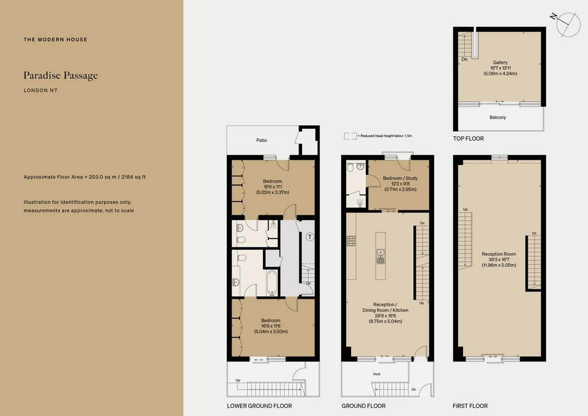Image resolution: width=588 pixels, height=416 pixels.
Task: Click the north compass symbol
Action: (x=566, y=24)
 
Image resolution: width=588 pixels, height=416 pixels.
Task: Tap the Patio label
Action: (x=262, y=140)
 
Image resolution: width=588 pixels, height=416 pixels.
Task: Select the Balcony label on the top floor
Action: (x=498, y=117)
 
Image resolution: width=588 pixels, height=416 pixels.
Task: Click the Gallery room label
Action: (x=500, y=62)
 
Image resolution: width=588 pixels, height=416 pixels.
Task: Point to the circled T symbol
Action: (x=310, y=237)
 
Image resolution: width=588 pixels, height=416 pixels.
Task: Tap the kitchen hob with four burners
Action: (x=351, y=240)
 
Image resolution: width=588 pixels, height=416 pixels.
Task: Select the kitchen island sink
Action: (x=381, y=256)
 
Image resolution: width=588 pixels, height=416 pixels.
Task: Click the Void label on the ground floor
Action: (x=377, y=374)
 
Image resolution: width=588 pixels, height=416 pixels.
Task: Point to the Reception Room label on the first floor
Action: (x=499, y=254)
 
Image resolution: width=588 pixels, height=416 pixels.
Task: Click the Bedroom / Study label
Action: (x=400, y=178)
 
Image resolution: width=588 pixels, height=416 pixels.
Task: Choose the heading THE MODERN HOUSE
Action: (x=56, y=40)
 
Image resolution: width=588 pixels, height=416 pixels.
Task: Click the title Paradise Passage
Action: (x=61, y=75)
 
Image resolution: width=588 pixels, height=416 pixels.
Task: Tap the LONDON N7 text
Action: (x=41, y=90)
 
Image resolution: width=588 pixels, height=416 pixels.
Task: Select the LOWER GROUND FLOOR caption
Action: (x=260, y=406)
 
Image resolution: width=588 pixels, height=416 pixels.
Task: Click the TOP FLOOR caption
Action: (x=469, y=138)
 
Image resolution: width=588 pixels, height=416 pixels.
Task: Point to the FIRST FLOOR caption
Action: (x=470, y=406)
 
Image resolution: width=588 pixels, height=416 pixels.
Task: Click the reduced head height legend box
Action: (x=350, y=136)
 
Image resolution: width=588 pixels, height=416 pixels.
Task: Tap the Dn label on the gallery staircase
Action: (x=464, y=59)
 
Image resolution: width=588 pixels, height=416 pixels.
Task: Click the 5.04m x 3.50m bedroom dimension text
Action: (x=271, y=332)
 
